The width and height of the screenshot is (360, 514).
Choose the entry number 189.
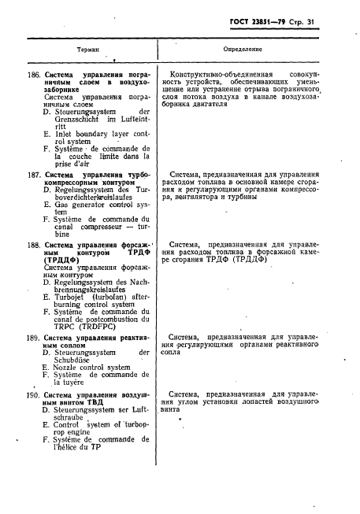pos(33,337)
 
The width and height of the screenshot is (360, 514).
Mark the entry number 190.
pos(33,394)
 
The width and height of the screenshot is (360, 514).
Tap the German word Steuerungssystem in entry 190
pos(81,410)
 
